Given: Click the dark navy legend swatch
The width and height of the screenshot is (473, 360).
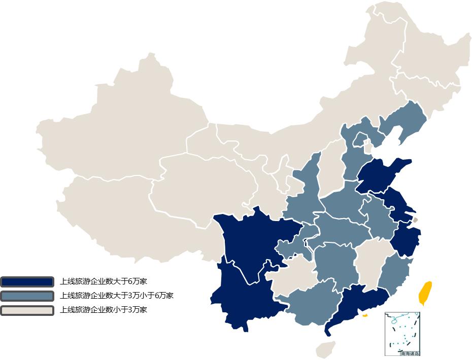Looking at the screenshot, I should [x=27, y=281].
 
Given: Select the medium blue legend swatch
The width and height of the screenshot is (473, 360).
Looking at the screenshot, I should [x=27, y=296].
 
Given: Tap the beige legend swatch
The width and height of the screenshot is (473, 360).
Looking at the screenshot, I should [x=27, y=310].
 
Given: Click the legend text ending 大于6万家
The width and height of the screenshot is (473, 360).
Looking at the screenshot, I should [x=103, y=281].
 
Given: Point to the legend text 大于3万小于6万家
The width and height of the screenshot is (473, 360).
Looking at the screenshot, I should [x=116, y=296].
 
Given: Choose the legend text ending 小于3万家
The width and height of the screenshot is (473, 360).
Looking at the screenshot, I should [x=103, y=310].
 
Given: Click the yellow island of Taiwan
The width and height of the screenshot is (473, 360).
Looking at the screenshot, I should [x=425, y=293].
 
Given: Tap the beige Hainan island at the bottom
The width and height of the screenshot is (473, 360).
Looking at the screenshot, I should [x=325, y=349].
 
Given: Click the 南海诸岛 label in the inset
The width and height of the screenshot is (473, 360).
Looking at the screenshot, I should [x=410, y=353].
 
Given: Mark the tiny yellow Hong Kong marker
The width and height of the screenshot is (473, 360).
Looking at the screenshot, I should [x=365, y=315].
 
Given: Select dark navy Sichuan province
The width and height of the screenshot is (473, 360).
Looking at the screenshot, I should [x=249, y=238].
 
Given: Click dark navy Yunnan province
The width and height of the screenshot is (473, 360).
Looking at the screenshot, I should [x=239, y=299].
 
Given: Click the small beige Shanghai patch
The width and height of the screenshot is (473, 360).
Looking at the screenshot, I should [x=415, y=220].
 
